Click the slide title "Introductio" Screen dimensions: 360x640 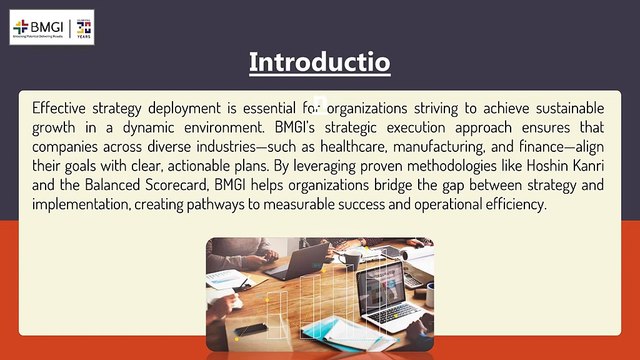pos(319,63)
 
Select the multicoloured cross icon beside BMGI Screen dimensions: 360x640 pos(21,26)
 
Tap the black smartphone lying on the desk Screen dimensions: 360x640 pos(251,329)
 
